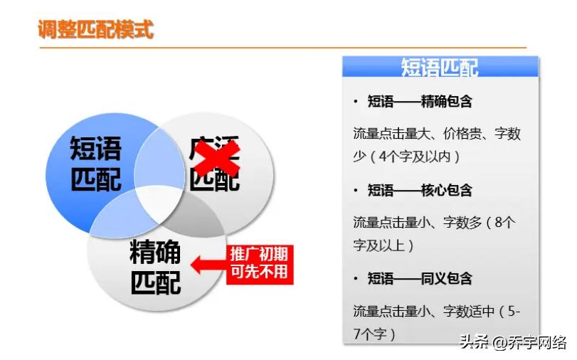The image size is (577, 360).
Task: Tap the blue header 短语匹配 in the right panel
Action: [440, 68]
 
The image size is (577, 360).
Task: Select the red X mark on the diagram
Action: [216, 159]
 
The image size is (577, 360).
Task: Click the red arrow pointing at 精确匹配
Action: [210, 265]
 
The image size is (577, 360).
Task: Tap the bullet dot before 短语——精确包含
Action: [356, 102]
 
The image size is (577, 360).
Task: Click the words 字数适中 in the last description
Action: [470, 311]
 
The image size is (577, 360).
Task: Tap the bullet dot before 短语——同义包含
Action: [356, 278]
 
